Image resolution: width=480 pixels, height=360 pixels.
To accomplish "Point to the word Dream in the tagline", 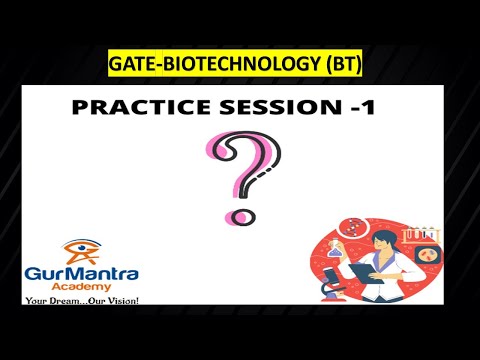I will pos(70,300).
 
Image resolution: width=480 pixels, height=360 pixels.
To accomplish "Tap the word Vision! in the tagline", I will pos(119,300).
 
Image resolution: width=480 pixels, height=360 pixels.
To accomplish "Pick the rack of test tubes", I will pos(426,236).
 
